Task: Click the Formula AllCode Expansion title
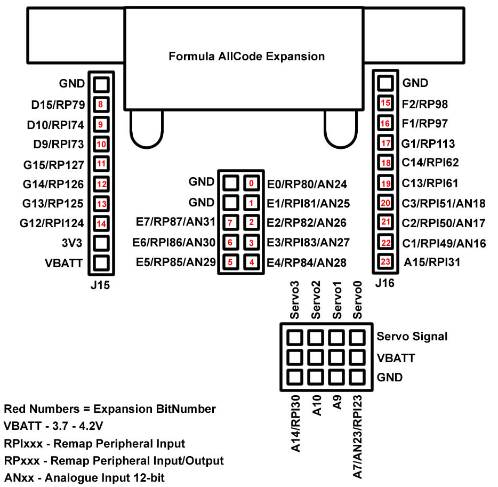pyautogui.click(x=246, y=56)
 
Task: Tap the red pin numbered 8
pyautogui.click(x=101, y=105)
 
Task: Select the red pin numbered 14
pyautogui.click(x=101, y=223)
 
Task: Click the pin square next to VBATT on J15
pyautogui.click(x=101, y=263)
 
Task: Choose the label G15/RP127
pyautogui.click(x=53, y=164)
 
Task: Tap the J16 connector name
pyautogui.click(x=384, y=283)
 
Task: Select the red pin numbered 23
pyautogui.click(x=385, y=262)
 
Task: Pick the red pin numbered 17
pyautogui.click(x=385, y=143)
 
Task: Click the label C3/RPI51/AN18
pyautogui.click(x=444, y=203)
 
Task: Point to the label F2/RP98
pyautogui.click(x=425, y=103)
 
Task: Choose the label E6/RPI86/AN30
pyautogui.click(x=173, y=242)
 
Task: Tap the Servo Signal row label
pyautogui.click(x=412, y=337)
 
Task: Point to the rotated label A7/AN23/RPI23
pyautogui.click(x=358, y=436)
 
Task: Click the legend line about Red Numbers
pyautogui.click(x=110, y=409)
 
